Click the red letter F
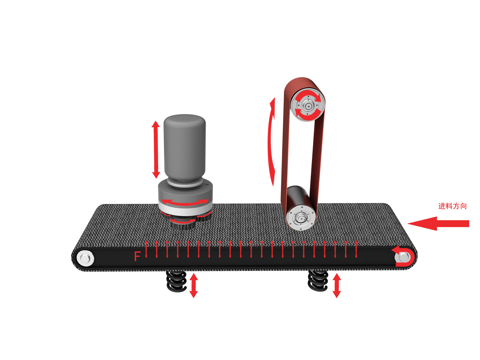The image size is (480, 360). point(137,256)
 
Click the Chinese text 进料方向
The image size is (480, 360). point(452,206)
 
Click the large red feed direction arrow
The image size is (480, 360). point(438,223)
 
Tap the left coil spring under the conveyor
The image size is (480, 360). point(176,281)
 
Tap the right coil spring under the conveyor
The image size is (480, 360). point(318,281)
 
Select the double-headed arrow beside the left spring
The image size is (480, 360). point(193,286)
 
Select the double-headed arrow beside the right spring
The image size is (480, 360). point(337,286)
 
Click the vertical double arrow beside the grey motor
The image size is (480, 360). point(156,149)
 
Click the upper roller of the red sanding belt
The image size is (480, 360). point(308,105)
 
